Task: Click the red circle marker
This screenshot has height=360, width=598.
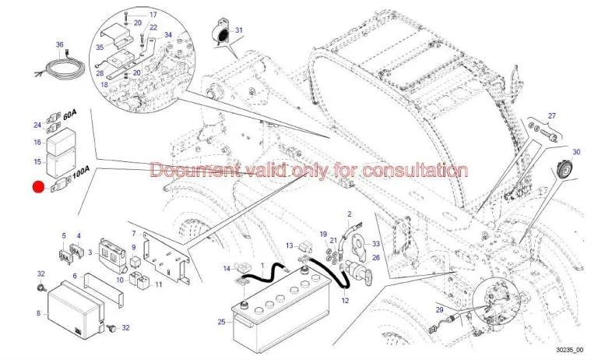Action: [37, 187]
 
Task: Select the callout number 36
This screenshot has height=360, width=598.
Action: [59, 44]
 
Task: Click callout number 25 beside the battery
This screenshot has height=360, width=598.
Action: [221, 321]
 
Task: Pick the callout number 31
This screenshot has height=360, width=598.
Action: [239, 31]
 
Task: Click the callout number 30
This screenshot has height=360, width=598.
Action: [577, 152]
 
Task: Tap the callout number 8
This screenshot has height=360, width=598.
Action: [37, 313]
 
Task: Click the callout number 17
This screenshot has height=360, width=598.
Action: [153, 15]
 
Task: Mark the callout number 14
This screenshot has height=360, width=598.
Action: [227, 269]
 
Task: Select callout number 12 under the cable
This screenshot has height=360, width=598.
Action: [344, 301]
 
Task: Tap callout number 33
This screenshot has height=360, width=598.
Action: [375, 244]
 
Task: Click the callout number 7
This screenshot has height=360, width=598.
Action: [134, 234]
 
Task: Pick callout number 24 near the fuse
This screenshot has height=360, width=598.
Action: [37, 125]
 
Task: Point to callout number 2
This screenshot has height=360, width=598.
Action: [350, 214]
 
